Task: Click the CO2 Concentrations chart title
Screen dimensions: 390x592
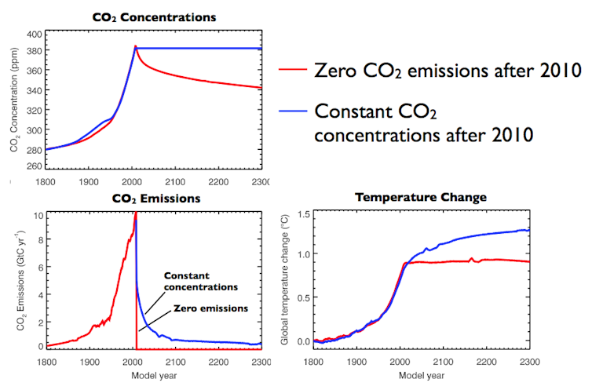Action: click(155, 16)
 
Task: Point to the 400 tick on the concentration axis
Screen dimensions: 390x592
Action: click(35, 35)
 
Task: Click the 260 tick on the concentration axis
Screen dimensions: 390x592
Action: click(35, 166)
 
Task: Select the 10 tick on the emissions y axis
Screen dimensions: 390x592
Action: click(37, 214)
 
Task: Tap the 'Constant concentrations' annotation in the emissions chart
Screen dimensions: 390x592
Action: click(200, 282)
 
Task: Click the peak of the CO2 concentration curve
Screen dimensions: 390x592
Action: click(135, 46)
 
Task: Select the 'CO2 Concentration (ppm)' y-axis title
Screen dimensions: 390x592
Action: click(15, 100)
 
